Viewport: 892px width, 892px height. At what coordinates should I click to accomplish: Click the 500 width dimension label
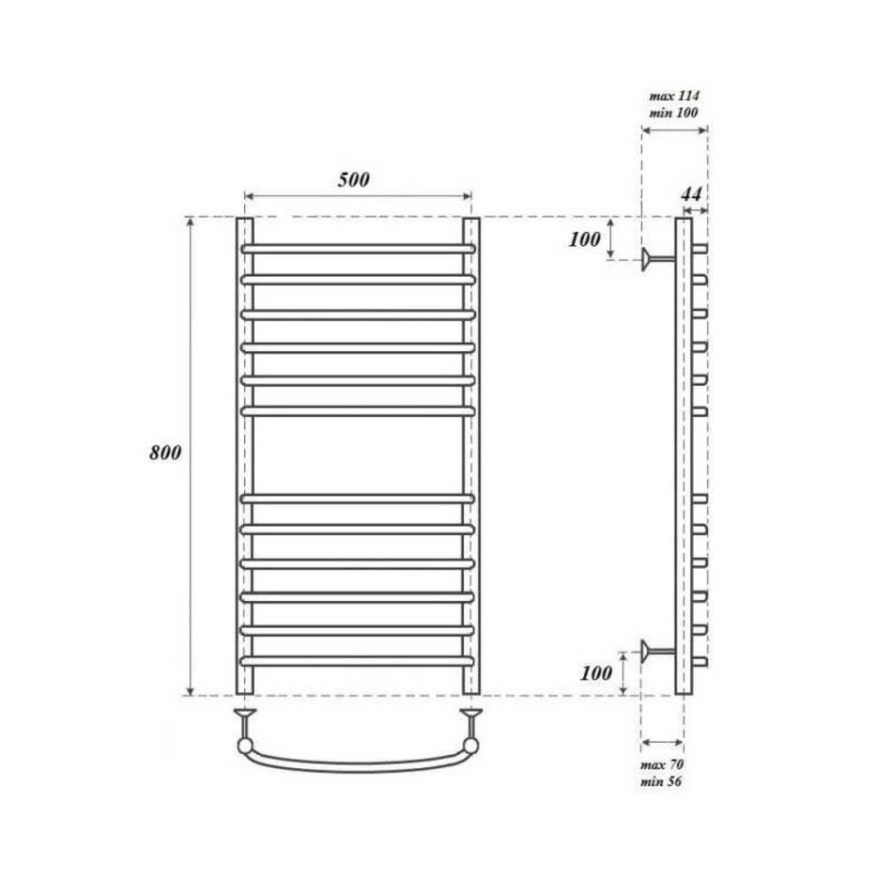point(353,179)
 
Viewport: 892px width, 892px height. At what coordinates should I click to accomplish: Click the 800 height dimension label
point(165,453)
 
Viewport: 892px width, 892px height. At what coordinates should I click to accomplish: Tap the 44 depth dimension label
point(691,194)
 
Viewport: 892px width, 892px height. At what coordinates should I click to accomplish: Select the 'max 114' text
point(674,96)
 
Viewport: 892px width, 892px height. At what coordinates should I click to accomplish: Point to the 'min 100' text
point(673,113)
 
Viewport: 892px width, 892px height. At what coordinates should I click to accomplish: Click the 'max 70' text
point(662,764)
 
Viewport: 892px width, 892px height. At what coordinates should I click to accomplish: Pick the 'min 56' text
point(661,781)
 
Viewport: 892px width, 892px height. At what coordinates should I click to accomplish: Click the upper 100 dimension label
point(584,239)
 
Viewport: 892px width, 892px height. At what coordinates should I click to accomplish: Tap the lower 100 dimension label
point(595,673)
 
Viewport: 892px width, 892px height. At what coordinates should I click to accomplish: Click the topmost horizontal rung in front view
point(358,249)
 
